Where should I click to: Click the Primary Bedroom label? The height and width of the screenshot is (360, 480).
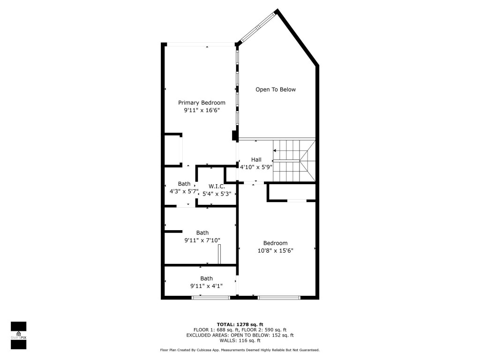[x=202, y=103]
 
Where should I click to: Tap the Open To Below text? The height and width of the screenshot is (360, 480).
[x=276, y=90]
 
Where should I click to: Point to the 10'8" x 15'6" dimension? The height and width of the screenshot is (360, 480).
[x=275, y=250]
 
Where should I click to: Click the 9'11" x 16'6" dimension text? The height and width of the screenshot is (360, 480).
[x=202, y=110]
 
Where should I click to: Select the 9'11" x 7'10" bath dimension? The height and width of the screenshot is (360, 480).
[x=202, y=240]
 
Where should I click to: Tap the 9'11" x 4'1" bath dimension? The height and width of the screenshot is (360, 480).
[x=206, y=286]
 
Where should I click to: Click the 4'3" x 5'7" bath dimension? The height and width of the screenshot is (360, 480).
[x=184, y=192]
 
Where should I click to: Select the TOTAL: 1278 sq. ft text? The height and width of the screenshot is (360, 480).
[x=240, y=324]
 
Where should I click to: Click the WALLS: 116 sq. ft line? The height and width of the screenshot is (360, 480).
[x=240, y=340]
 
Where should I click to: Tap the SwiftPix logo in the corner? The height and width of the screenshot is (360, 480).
[x=18, y=335]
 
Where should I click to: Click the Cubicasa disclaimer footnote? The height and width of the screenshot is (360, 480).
[x=240, y=350]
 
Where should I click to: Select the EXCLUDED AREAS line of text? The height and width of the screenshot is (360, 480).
[x=240, y=335]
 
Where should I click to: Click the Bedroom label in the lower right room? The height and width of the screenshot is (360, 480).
[x=275, y=243]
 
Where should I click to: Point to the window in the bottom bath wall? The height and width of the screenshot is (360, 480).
[x=210, y=297]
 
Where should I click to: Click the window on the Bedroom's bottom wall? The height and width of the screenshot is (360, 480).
[x=279, y=297]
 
